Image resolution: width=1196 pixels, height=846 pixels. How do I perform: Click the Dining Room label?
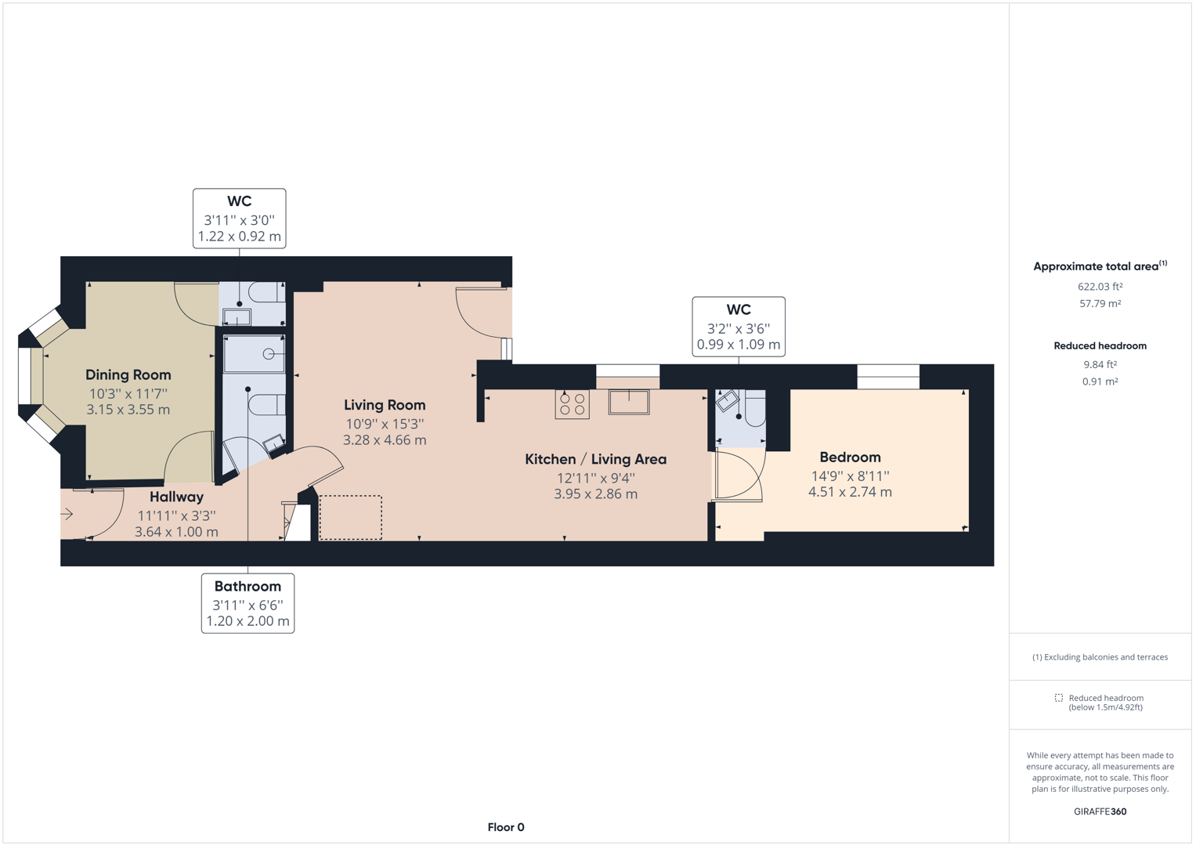(128, 375)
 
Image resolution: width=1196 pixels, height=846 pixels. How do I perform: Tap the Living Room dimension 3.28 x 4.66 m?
(385, 440)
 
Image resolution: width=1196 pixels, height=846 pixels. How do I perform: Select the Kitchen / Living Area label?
(595, 460)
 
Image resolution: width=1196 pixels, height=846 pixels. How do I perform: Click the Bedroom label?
(850, 457)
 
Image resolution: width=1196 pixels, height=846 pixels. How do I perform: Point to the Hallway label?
(176, 497)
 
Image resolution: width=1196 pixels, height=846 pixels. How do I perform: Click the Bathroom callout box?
(248, 603)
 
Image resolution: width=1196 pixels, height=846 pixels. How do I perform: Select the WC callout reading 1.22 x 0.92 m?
(239, 219)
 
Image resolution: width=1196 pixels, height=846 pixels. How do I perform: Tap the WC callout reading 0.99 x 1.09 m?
(738, 327)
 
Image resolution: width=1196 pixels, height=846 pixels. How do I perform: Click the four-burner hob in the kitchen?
(572, 404)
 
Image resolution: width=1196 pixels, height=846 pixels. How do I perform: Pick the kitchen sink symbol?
(628, 402)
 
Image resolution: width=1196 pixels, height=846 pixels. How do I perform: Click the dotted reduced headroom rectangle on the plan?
(350, 517)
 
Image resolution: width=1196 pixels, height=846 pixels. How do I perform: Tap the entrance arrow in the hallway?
(67, 515)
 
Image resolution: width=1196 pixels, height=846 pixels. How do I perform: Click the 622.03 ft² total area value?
(1100, 287)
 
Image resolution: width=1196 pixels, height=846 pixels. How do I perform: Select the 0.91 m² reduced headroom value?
(1100, 381)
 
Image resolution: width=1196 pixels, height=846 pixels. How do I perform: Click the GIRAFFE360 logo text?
(1100, 812)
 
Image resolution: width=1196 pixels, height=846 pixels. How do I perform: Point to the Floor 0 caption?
(505, 827)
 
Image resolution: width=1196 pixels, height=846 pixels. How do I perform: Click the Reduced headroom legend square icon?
(1058, 698)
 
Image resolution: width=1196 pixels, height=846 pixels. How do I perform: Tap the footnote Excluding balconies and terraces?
(1100, 657)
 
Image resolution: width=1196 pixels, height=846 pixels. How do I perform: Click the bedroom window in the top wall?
(887, 377)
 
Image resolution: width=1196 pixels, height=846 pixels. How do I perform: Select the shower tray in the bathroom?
(254, 355)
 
